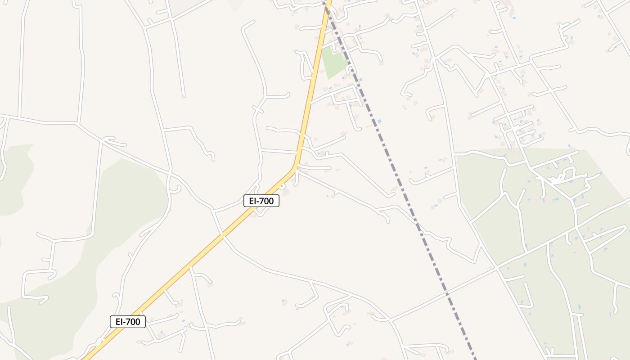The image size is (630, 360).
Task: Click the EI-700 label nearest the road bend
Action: pyautogui.click(x=261, y=201)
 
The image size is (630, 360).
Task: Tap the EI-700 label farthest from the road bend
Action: pyautogui.click(x=128, y=322)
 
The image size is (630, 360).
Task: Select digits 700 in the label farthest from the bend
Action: pyautogui.click(x=134, y=322)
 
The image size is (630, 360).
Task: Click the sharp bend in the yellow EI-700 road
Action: pyautogui.click(x=295, y=167)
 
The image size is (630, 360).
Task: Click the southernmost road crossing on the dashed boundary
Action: pyautogui.click(x=447, y=294)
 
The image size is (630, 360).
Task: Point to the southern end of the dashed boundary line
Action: pyautogui.click(x=475, y=358)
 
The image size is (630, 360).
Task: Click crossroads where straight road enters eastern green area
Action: pyautogui.click(x=496, y=267)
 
